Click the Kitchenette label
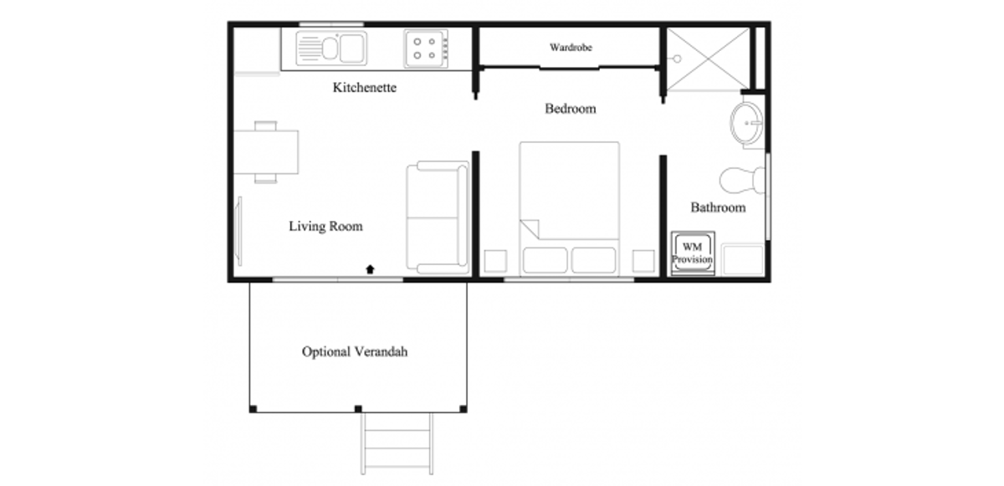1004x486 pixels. (x=365, y=87)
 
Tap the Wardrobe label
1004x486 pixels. (x=571, y=48)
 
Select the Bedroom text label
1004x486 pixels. (x=571, y=109)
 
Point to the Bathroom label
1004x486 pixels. (x=718, y=207)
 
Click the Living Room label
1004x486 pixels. (x=325, y=226)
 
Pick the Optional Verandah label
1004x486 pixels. (x=355, y=351)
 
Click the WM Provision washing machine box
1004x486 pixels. (x=693, y=253)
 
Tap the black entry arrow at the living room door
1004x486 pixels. (x=370, y=269)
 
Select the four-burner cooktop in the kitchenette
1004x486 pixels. (x=426, y=49)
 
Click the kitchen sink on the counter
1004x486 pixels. (x=331, y=49)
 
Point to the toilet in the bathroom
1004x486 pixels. (x=742, y=181)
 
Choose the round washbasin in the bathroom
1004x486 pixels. (x=746, y=123)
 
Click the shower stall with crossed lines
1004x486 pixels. (x=708, y=59)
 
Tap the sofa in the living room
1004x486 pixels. (x=438, y=217)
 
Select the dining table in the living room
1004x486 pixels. (x=266, y=152)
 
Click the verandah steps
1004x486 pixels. (x=397, y=443)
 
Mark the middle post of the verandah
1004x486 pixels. (x=358, y=408)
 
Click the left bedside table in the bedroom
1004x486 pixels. (x=495, y=261)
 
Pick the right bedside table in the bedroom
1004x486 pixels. (x=643, y=261)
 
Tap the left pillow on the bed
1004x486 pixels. (x=545, y=260)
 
